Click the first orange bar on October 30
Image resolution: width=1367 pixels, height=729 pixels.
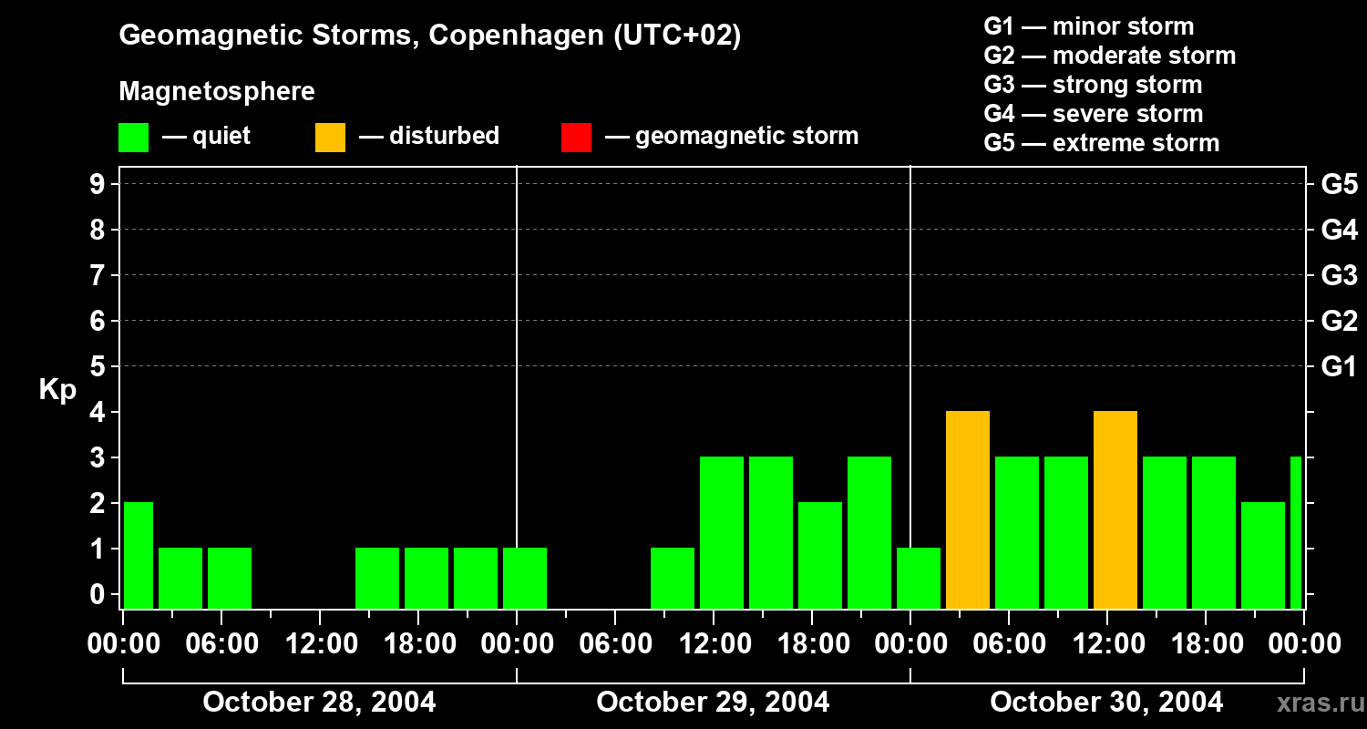pos(968,510)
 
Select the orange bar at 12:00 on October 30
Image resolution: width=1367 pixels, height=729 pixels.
pos(1115,510)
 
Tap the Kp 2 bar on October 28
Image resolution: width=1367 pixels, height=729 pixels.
pos(138,555)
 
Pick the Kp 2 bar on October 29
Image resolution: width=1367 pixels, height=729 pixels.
pos(820,555)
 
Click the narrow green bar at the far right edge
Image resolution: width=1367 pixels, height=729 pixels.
pos(1296,532)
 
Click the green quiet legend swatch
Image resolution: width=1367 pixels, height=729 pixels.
pos(134,138)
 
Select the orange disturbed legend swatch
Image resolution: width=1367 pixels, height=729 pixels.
pos(331,138)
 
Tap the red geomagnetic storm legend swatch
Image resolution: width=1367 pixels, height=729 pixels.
pos(577,138)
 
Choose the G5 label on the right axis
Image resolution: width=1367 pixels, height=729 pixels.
pos(1339,185)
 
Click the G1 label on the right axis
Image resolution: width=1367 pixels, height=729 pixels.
pos(1339,367)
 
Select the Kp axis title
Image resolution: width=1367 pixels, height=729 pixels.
pos(57,390)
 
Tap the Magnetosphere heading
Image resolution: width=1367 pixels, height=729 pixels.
pos(217,92)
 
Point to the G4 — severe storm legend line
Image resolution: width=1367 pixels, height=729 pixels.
pos(1094,114)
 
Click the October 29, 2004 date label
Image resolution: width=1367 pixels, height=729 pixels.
pos(713,703)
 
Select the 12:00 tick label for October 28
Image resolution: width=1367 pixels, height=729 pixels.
pos(321,644)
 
